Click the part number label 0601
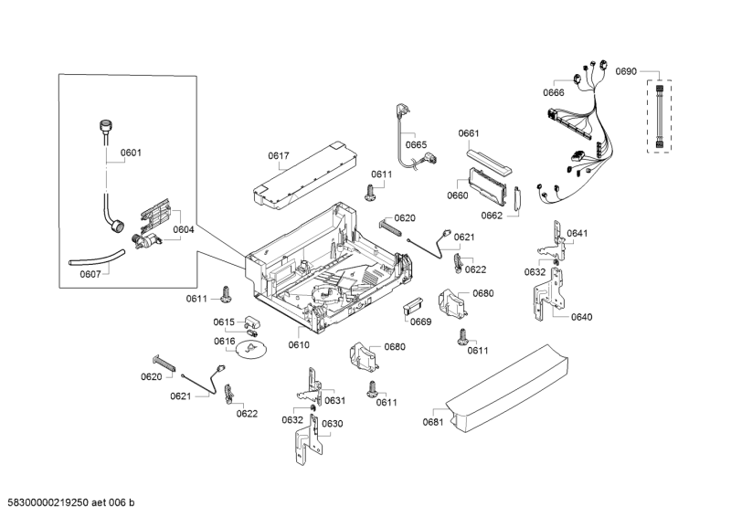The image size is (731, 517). coord(131,153)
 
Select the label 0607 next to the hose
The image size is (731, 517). coord(90,273)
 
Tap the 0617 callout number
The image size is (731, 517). coord(279,156)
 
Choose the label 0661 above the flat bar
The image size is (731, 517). coord(469,133)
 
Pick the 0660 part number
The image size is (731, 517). coord(458,195)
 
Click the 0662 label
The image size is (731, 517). coord(493,216)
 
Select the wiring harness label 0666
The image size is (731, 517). coord(554,92)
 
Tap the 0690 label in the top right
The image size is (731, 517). coord(626,70)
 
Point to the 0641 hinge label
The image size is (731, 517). coord(577,234)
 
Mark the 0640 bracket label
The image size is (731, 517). coord(582,317)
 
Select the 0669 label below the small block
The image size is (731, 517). coord(420,322)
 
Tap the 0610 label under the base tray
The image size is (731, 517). coord(299,344)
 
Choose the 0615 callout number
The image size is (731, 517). coord(225,322)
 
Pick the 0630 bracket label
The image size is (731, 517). coord(332,423)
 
